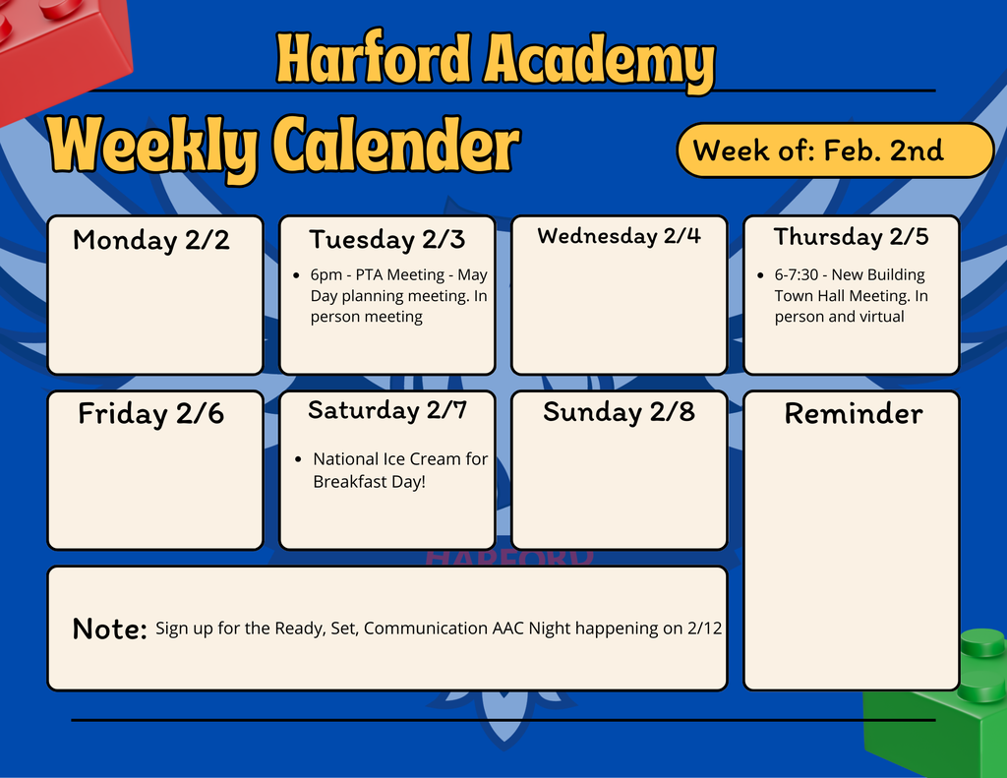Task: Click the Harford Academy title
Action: [x=495, y=60]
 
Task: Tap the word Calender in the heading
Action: [x=394, y=147]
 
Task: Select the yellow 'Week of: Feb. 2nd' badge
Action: [x=835, y=150]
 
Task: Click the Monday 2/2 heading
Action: [x=151, y=240]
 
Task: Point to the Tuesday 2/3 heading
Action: [x=386, y=239]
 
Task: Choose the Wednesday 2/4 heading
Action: [x=619, y=236]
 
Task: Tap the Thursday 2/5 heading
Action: [x=851, y=237]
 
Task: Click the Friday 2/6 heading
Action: [x=151, y=414]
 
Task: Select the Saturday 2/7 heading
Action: [x=386, y=410]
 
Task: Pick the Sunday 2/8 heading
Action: [x=619, y=412]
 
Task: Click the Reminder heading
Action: [x=853, y=414]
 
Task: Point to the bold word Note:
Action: [x=110, y=629]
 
